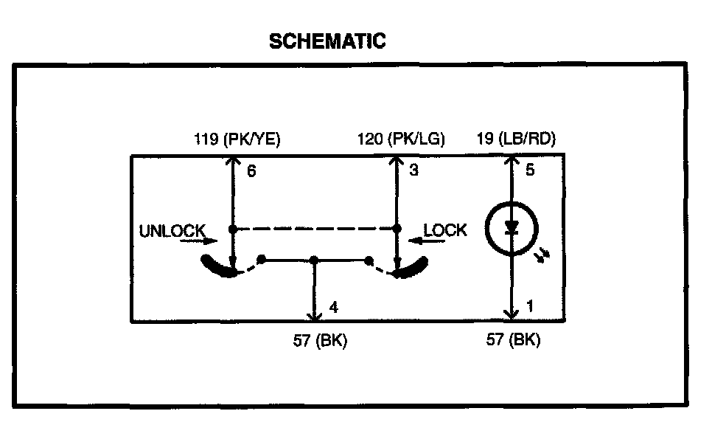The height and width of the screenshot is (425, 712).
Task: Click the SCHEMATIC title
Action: click(327, 41)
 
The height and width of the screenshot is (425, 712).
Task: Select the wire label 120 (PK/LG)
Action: click(401, 139)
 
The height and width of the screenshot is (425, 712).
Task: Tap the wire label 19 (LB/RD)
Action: click(516, 139)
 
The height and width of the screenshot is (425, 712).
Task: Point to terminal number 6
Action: click(251, 171)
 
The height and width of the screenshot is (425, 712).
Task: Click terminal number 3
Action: click(413, 171)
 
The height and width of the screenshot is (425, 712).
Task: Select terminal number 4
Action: click(334, 307)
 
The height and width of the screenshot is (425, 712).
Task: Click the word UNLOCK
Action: click(172, 231)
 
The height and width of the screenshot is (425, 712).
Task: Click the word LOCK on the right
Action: click(445, 230)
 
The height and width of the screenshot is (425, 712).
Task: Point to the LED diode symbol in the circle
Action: click(510, 228)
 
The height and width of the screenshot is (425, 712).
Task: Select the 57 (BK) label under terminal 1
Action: click(513, 340)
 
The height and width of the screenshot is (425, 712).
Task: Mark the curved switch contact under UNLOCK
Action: click(218, 267)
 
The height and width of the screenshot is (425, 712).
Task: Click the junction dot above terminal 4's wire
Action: click(315, 260)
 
